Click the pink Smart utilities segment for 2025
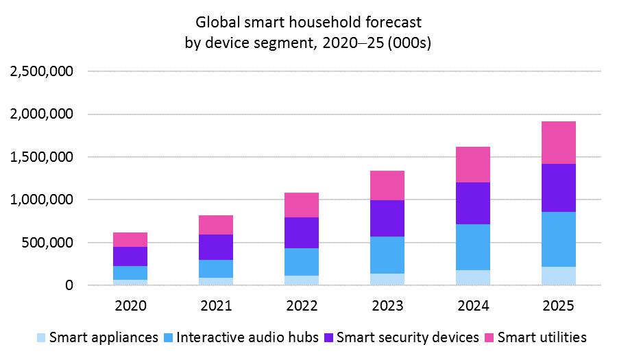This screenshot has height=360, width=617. tap(558, 143)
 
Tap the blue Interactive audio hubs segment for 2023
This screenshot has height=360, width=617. tap(387, 255)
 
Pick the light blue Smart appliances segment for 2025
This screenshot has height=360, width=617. tap(558, 276)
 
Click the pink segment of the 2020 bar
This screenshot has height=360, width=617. tap(130, 239)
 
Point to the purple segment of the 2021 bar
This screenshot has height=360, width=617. tap(216, 247)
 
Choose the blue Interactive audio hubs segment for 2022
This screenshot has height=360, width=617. tap(302, 262)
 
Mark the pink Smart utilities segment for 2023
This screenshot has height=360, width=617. tap(387, 185)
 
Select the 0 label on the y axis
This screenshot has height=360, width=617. tap(69, 285)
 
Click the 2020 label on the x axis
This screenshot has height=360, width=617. tap(130, 307)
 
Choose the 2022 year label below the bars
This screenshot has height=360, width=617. tap(302, 307)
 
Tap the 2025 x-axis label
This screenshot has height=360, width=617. tap(558, 307)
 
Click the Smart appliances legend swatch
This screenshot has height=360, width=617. tap(41, 337)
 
